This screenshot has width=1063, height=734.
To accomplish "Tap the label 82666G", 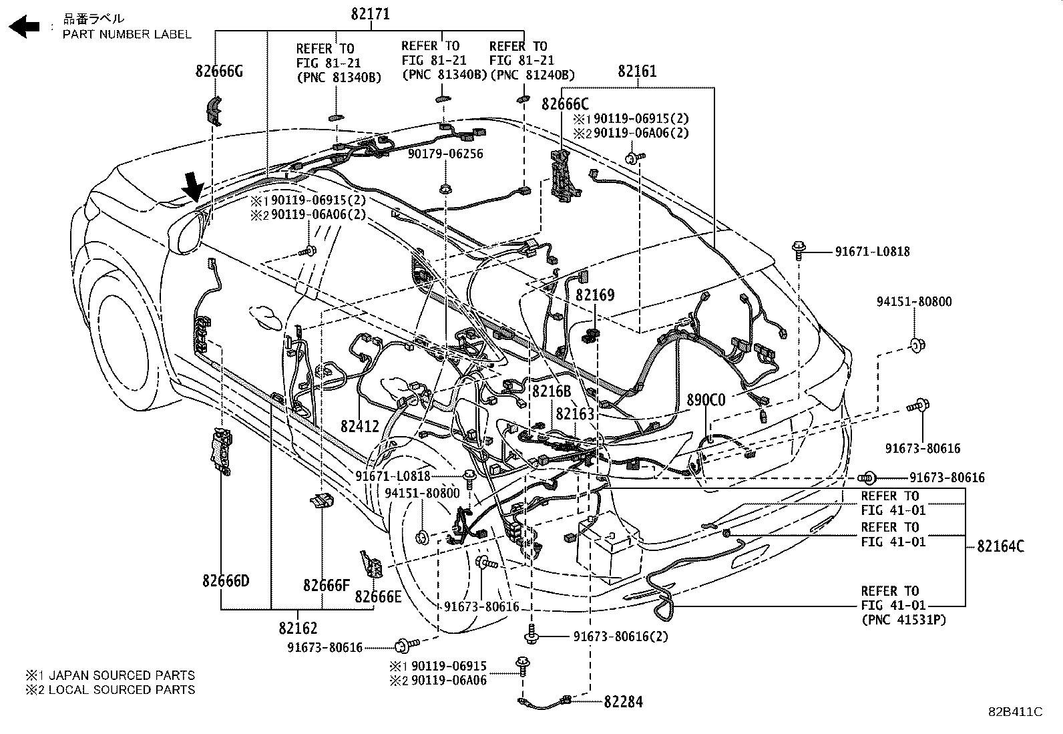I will click(x=219, y=71).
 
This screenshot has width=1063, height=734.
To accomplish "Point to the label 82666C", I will click(x=565, y=104).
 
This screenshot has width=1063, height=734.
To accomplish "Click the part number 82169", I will click(x=595, y=295).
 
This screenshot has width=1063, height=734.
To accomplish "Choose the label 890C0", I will click(x=706, y=400).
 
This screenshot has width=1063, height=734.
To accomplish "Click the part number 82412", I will click(x=359, y=426).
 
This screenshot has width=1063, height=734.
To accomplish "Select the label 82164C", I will click(x=1000, y=546).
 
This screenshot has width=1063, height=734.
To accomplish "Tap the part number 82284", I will click(x=623, y=702).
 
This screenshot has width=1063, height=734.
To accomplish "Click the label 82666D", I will click(x=226, y=581).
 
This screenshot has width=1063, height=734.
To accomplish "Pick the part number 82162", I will click(x=298, y=628).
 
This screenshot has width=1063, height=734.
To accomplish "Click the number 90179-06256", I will click(x=445, y=154).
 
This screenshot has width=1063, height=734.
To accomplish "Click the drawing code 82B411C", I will click(x=1015, y=712).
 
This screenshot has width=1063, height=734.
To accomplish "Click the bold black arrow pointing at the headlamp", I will click(x=193, y=186).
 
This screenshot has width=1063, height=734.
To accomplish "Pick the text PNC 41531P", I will click(x=903, y=620).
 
